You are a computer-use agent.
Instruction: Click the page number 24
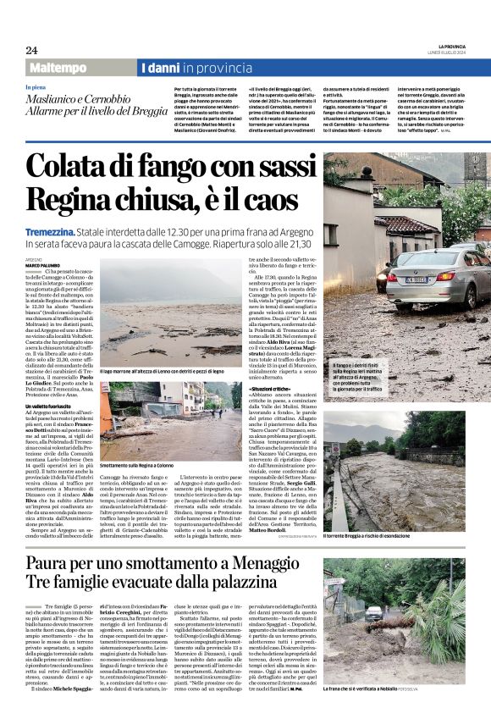pos(31,50)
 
